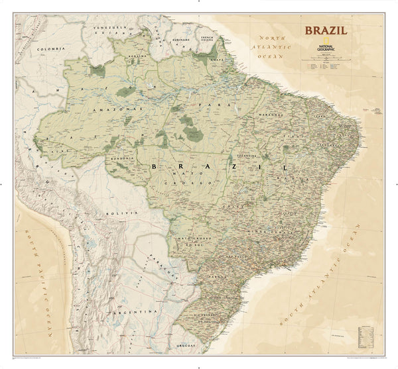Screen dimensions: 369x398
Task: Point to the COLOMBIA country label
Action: tap(53, 49)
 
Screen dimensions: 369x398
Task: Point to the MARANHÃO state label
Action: tap(272, 119)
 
